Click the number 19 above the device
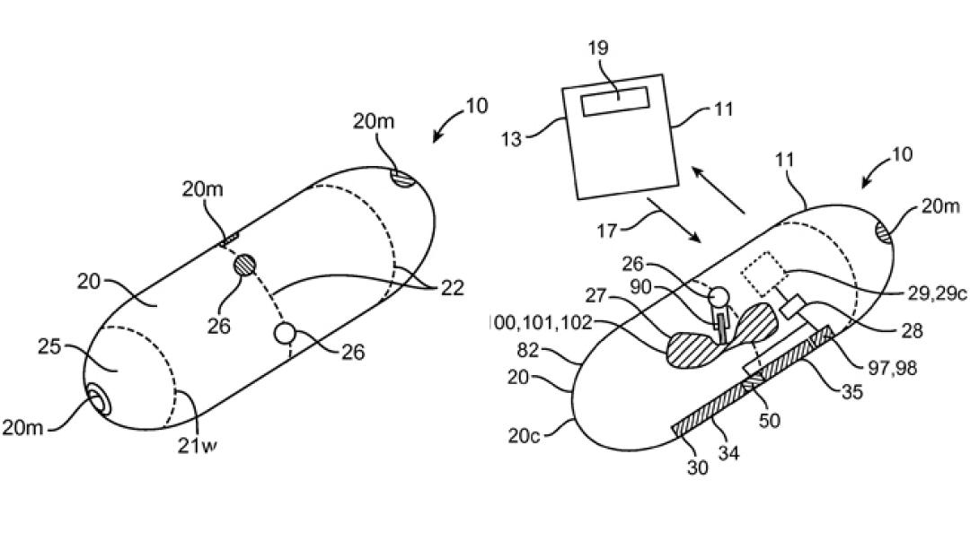click(598, 48)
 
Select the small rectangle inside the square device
click(615, 101)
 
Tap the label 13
click(511, 138)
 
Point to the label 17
click(606, 231)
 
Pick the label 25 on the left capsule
click(49, 346)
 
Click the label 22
click(452, 288)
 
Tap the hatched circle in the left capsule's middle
click(244, 266)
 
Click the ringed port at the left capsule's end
click(97, 399)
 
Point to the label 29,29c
click(937, 293)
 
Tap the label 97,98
click(893, 368)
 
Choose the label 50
click(769, 420)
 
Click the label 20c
click(524, 435)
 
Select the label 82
click(527, 351)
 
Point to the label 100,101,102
click(539, 322)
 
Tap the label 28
click(913, 330)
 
